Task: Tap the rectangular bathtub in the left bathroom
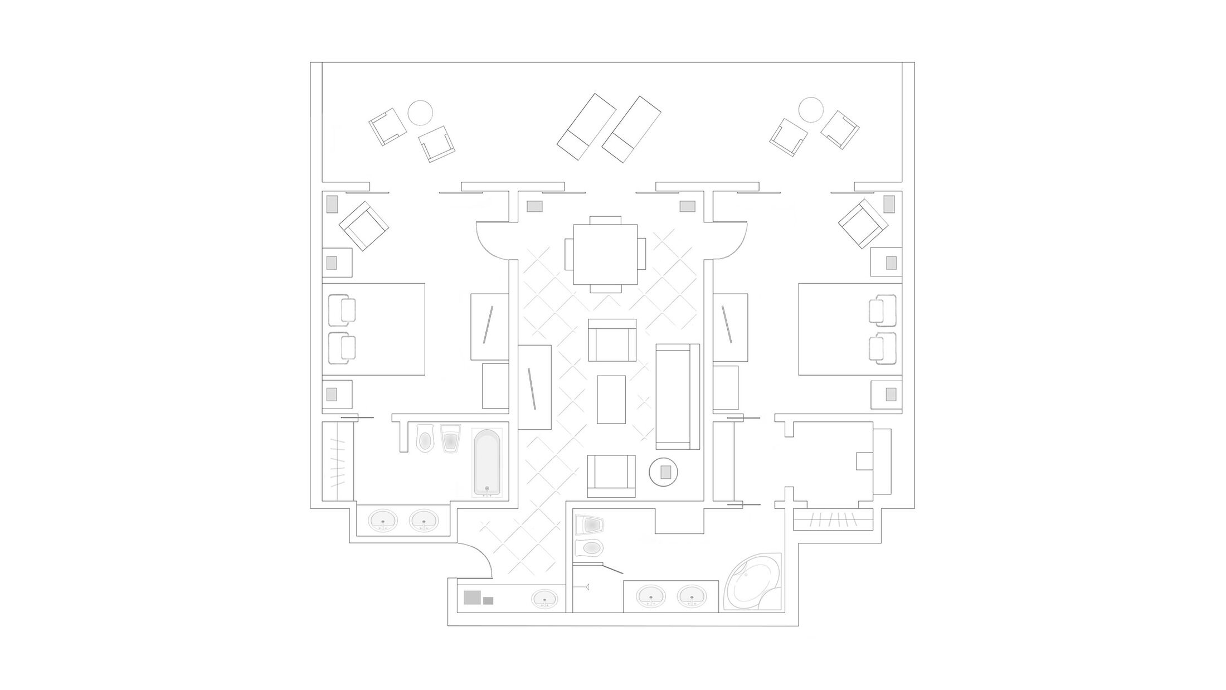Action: point(487,463)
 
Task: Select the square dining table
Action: point(605,254)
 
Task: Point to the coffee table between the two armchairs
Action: point(611,399)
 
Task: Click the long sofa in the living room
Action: point(678,396)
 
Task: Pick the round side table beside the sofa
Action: point(663,472)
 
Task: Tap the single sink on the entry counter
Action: point(544,600)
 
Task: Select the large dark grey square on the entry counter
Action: point(472,597)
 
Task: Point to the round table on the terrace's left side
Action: point(420,113)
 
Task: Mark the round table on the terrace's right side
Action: point(811,110)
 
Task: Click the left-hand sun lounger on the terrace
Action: point(586,127)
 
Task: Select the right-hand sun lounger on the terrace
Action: point(631,129)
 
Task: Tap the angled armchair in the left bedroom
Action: point(364,226)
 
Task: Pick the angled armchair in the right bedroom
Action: point(863,223)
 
